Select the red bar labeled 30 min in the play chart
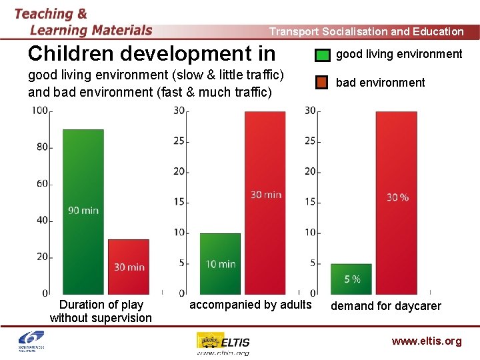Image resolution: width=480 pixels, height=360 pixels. click(129, 266)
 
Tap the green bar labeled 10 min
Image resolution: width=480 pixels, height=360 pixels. click(220, 263)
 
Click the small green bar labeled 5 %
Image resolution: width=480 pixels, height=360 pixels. click(351, 279)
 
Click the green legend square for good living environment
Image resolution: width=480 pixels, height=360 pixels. click(322, 55)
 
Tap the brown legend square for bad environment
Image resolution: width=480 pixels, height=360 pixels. click(322, 83)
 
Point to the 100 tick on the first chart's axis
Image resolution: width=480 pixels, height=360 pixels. click(39, 111)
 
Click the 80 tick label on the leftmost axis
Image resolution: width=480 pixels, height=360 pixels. click(41, 147)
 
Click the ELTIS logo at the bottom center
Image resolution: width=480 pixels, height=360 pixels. click(223, 342)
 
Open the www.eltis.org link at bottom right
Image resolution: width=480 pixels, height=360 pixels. click(426, 341)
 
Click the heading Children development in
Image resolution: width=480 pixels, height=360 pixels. click(151, 53)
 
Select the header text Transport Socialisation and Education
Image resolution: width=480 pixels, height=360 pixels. click(366, 31)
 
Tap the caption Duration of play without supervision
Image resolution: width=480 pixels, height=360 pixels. click(101, 311)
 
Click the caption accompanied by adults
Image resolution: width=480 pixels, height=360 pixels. click(251, 305)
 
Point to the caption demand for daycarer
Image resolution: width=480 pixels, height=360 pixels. click(386, 306)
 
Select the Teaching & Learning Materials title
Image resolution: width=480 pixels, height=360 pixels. click(83, 22)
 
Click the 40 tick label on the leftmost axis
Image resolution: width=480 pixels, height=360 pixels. click(41, 221)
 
